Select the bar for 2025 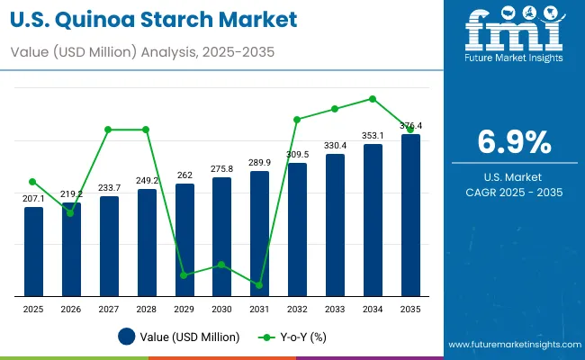click(33, 251)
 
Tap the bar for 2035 click(410, 215)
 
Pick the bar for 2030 click(221, 236)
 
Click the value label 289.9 click(259, 162)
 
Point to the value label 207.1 click(33, 198)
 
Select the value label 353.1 click(373, 136)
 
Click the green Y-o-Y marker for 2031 click(259, 285)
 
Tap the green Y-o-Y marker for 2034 click(373, 99)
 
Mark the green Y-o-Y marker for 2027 click(109, 130)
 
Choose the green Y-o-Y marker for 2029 click(184, 275)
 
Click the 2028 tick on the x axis click(146, 309)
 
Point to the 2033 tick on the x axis click(335, 309)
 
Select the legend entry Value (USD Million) click(179, 337)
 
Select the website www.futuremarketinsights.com click(512, 345)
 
